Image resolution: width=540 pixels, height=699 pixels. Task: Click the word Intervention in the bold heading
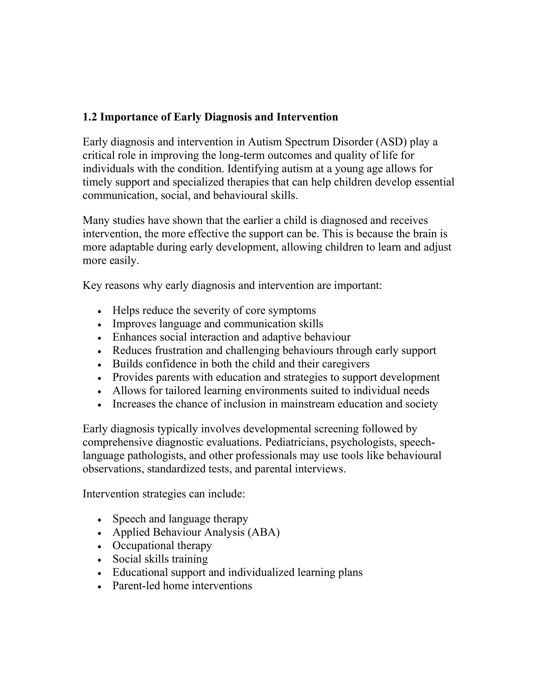pyautogui.click(x=307, y=117)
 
